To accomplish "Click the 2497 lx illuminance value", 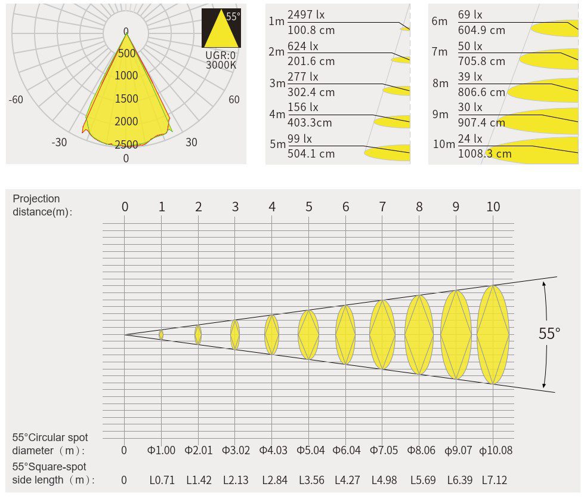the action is click(x=306, y=14).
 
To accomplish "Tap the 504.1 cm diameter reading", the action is click(x=311, y=153).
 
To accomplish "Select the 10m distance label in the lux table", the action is click(x=444, y=144).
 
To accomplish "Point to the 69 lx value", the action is click(x=470, y=14).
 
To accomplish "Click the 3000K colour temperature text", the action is click(x=221, y=65).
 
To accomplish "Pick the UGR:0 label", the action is click(x=221, y=56).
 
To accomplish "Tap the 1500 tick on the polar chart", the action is click(x=126, y=98).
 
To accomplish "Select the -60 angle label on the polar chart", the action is click(x=16, y=100).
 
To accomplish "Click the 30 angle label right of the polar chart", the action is click(x=191, y=142).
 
